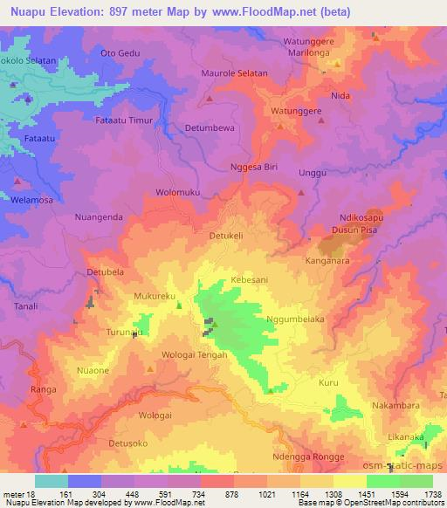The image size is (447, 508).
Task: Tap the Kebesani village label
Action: click(248, 280)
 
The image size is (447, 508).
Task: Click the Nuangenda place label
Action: click(104, 217)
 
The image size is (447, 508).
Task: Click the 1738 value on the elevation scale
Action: click(431, 493)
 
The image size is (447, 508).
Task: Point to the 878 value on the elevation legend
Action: click(207, 493)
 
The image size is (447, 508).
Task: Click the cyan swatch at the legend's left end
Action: click(52, 481)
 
